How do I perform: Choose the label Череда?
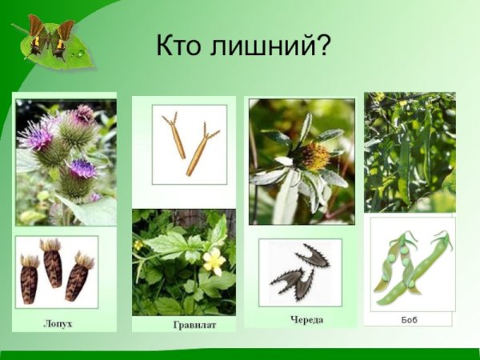click(x=306, y=319)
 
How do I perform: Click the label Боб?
click(x=409, y=319)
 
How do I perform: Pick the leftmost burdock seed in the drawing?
click(x=30, y=277)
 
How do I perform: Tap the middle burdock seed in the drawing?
click(x=53, y=266)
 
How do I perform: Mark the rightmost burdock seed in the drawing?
click(x=78, y=276)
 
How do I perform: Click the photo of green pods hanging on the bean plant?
click(x=409, y=152)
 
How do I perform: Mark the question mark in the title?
click(x=323, y=46)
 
